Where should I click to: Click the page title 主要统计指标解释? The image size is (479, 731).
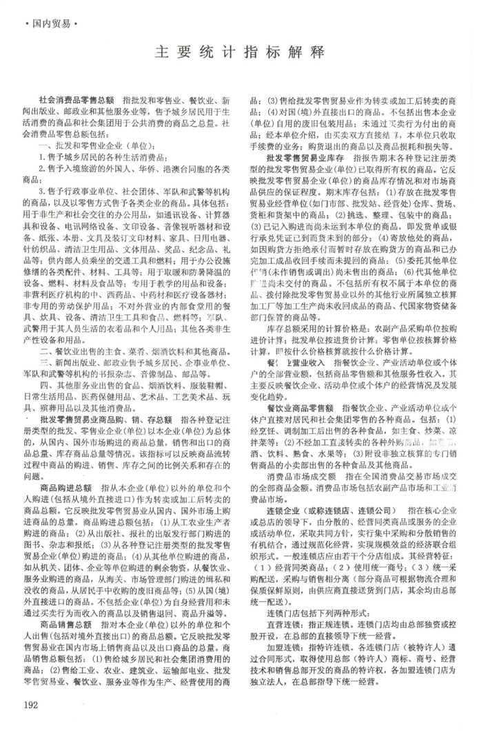point(239,52)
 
